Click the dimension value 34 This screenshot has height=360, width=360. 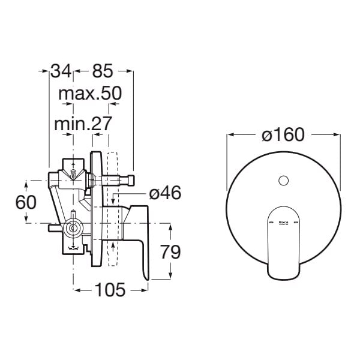(x=61, y=71)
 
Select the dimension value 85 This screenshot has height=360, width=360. (x=103, y=71)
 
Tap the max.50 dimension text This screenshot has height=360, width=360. (x=90, y=94)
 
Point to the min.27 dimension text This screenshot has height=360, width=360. (x=83, y=124)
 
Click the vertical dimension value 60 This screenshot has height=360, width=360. (x=26, y=202)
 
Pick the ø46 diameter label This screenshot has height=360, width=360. (x=165, y=193)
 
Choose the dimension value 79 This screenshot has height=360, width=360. (x=170, y=251)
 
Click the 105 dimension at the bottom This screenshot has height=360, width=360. (x=110, y=290)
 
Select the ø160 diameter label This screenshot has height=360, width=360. (x=283, y=134)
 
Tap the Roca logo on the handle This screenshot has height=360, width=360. (x=284, y=223)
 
